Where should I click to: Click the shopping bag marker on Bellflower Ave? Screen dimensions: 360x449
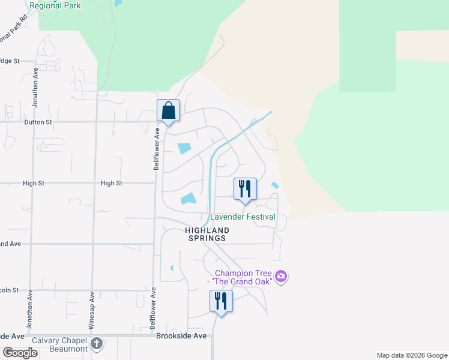[169, 111]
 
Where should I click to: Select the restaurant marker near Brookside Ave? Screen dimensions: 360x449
[221, 301]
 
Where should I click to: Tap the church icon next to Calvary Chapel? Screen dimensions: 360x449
[97, 345]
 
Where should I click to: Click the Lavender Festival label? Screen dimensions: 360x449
[243, 217]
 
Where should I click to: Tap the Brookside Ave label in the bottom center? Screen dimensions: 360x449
[181, 336]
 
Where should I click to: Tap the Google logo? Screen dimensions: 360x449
[20, 353]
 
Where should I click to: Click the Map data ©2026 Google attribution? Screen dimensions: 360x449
[411, 355]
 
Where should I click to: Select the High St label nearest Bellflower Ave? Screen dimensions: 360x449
[111, 183]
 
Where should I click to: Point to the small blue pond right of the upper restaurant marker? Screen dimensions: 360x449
[275, 185]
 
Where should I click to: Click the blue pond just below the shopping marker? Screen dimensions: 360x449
[184, 148]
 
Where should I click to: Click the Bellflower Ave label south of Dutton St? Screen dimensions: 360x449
[156, 148]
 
